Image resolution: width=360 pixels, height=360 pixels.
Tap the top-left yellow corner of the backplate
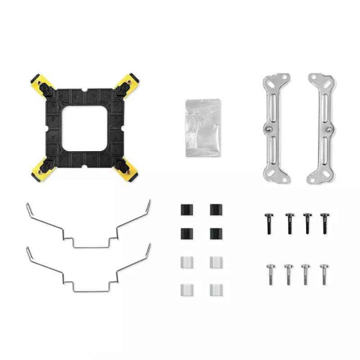[40, 81]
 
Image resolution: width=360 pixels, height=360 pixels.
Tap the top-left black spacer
[184, 209]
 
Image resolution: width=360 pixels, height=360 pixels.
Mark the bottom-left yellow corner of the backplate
[40, 170]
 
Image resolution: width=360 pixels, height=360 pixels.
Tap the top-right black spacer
[215, 209]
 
